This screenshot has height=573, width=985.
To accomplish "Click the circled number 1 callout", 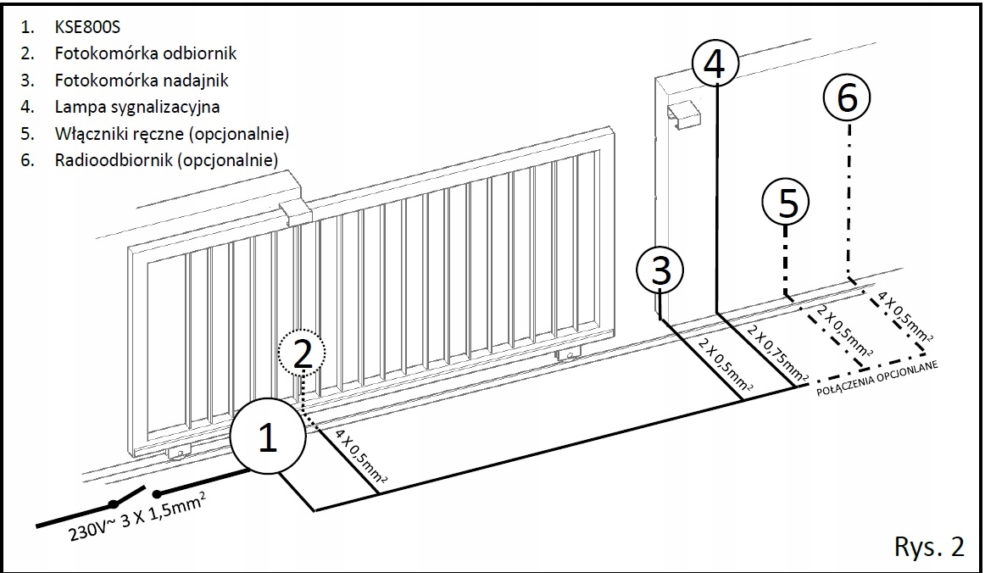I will [x=267, y=437].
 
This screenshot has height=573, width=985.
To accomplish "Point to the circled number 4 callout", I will [x=715, y=64].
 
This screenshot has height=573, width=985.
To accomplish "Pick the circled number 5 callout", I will [x=786, y=203].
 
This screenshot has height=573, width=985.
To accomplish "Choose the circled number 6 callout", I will [x=846, y=98].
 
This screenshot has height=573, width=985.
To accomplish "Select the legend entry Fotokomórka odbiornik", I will [x=145, y=53].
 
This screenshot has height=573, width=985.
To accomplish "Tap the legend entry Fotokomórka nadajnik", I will [x=141, y=81].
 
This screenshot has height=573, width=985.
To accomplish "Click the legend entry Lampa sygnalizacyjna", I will [x=136, y=108].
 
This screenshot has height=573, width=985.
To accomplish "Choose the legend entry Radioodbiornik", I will [x=165, y=161].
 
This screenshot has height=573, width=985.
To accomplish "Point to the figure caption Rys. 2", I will [x=928, y=547].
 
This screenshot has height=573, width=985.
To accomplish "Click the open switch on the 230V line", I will [x=134, y=498].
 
